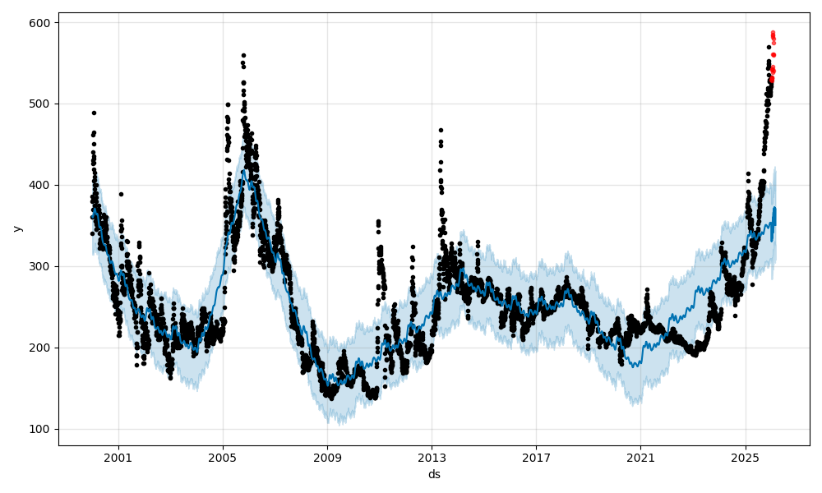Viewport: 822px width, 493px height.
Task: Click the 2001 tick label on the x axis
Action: point(118,456)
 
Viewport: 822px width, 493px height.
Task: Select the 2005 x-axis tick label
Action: point(223,456)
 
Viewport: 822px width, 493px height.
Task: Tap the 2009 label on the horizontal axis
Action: point(327,456)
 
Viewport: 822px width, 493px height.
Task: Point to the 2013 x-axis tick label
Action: point(432,456)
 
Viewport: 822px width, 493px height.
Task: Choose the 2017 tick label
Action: point(536,456)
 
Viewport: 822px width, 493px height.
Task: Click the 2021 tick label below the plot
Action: point(640,456)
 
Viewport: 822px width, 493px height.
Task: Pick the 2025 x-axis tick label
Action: point(745,456)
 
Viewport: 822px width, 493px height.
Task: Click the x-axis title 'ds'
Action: point(433,474)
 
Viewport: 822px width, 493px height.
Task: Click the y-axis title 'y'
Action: point(16,228)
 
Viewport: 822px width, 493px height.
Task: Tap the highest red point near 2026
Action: point(773,33)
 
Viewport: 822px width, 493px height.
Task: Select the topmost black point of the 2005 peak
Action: point(243,55)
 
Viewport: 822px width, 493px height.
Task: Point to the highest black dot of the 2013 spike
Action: point(441,130)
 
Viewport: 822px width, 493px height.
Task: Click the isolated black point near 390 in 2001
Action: point(121,194)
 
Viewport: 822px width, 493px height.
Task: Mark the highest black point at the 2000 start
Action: point(94,113)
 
